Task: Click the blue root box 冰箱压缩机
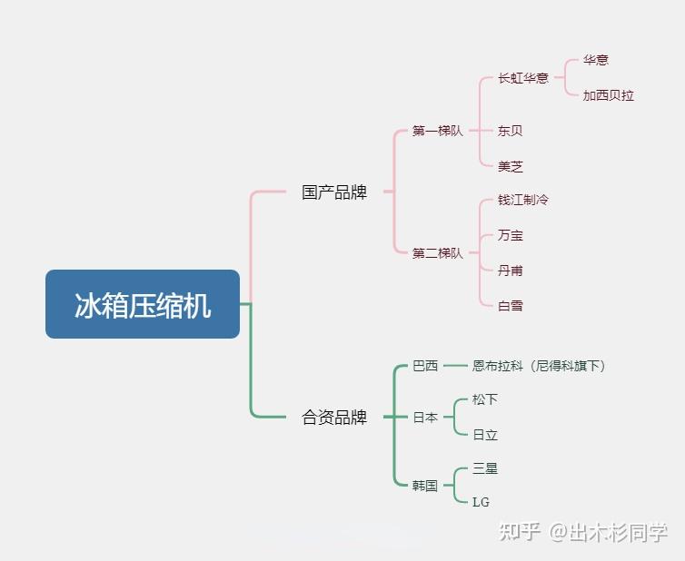click(143, 305)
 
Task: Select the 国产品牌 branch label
click(334, 192)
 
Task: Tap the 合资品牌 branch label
click(334, 418)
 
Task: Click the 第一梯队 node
click(437, 131)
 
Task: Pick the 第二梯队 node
click(437, 253)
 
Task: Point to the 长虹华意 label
click(523, 78)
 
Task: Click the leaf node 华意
click(596, 60)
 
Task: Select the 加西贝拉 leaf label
click(608, 95)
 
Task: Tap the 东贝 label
click(510, 131)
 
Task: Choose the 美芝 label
click(510, 166)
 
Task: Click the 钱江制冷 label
click(523, 200)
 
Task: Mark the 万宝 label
click(510, 235)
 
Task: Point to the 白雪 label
click(510, 306)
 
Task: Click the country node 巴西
click(425, 366)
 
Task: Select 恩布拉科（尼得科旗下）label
click(539, 366)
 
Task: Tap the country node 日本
click(425, 418)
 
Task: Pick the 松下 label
click(485, 399)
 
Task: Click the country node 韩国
click(425, 486)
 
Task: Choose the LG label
click(481, 502)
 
